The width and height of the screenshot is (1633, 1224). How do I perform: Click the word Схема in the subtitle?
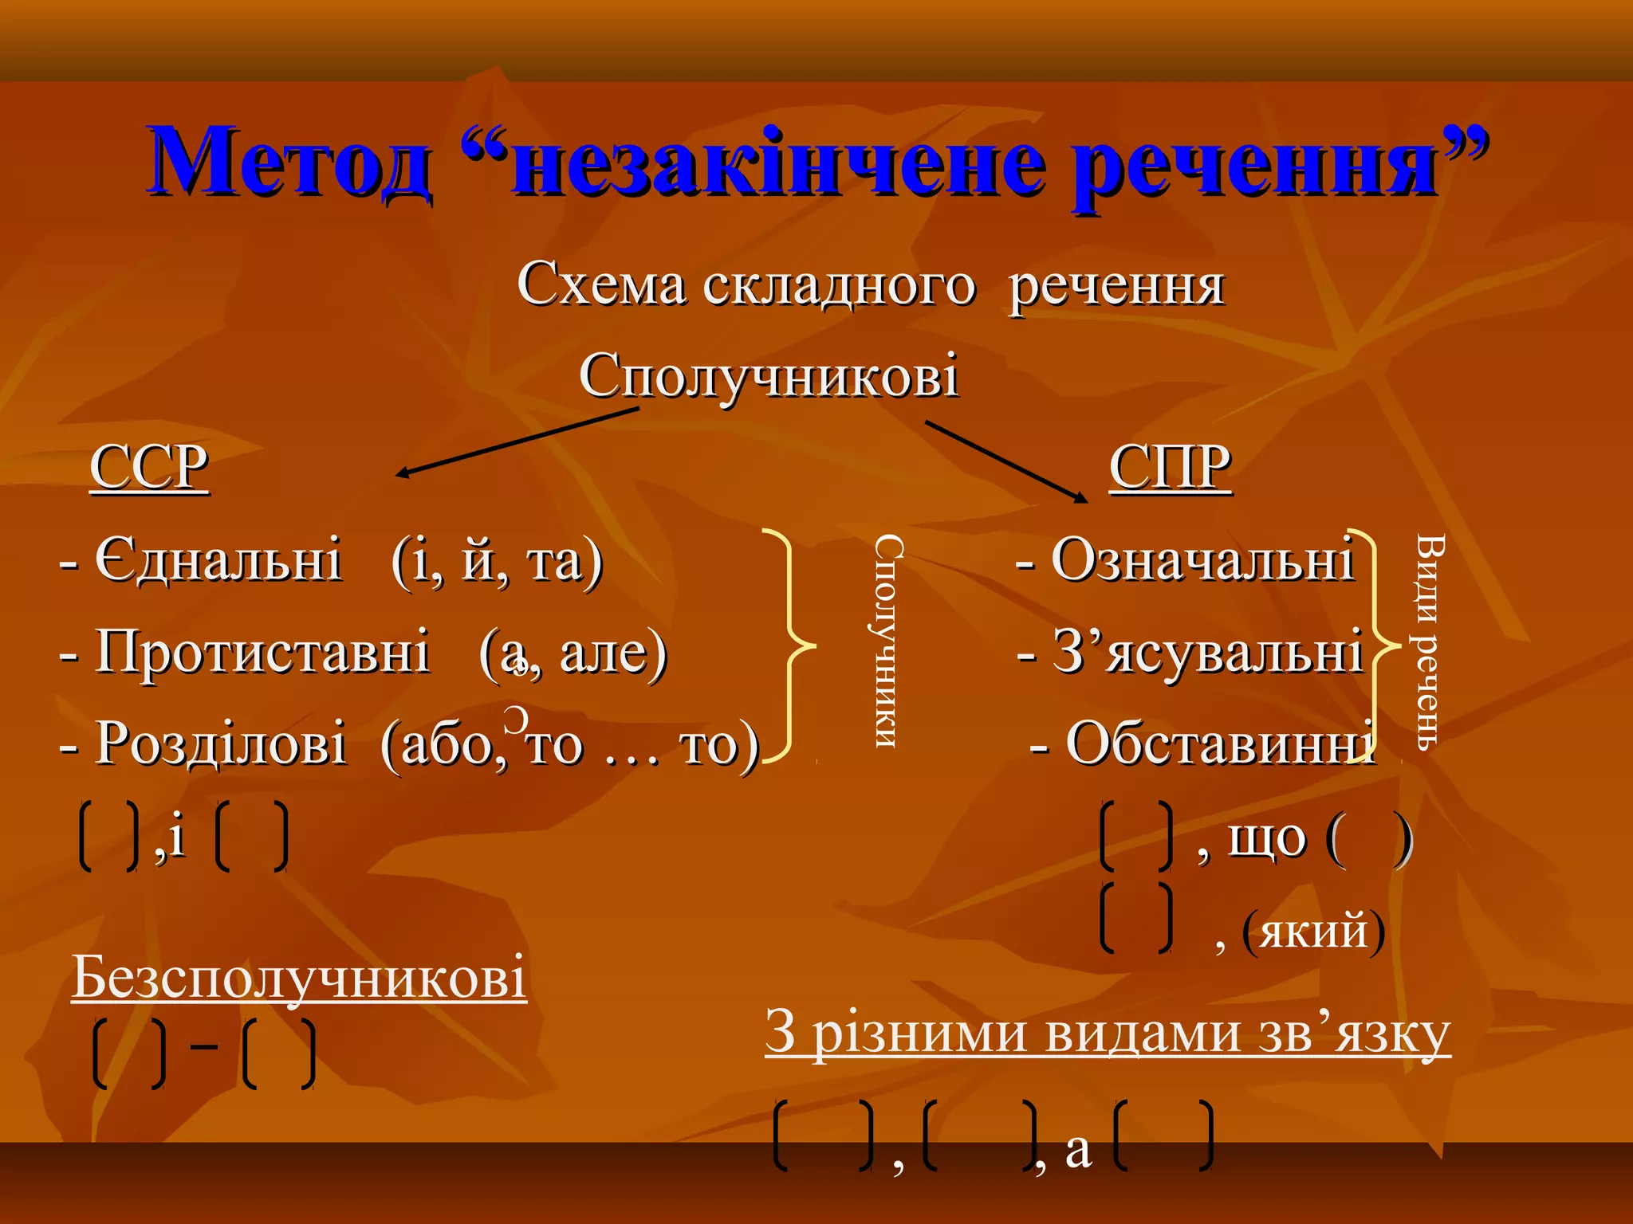[x=601, y=284]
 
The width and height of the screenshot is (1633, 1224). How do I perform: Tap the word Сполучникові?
[x=769, y=375]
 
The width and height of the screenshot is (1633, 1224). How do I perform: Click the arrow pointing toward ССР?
[x=518, y=442]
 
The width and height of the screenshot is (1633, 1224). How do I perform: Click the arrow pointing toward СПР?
[x=1006, y=461]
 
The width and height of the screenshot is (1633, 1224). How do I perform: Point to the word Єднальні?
[x=218, y=559]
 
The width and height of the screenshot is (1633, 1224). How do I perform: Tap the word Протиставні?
[x=262, y=651]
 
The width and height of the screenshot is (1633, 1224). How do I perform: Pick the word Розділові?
[x=221, y=743]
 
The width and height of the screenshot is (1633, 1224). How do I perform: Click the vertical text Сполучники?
[x=887, y=641]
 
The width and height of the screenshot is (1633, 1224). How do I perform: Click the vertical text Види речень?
[x=1429, y=641]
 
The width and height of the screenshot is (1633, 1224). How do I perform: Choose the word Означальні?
[x=1202, y=559]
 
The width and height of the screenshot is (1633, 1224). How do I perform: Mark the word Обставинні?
[x=1220, y=743]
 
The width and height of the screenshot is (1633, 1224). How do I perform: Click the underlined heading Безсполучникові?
[x=299, y=978]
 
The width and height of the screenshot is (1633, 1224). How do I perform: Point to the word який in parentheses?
[x=1314, y=931]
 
